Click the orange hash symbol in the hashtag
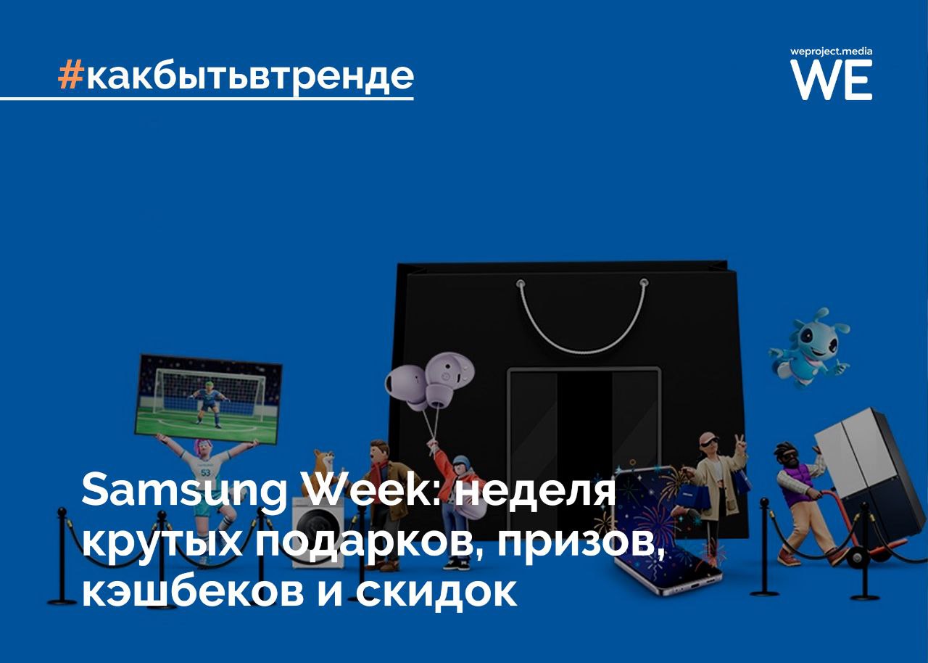pyautogui.click(x=69, y=74)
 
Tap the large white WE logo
pyautogui.click(x=831, y=80)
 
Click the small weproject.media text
pyautogui.click(x=831, y=52)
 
